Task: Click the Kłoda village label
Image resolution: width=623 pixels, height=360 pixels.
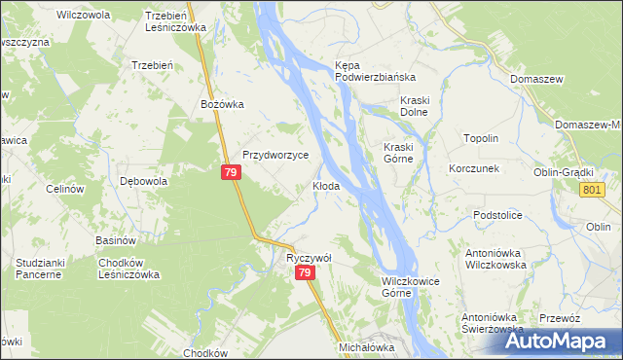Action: click(325, 186)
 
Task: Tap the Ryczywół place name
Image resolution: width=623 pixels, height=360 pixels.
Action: click(310, 258)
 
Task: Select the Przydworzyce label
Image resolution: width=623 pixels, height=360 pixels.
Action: click(275, 155)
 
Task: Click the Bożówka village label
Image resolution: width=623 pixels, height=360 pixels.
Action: click(221, 104)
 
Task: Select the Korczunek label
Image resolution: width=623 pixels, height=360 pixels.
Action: click(474, 168)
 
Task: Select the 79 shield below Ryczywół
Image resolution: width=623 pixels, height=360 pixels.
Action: click(306, 274)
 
